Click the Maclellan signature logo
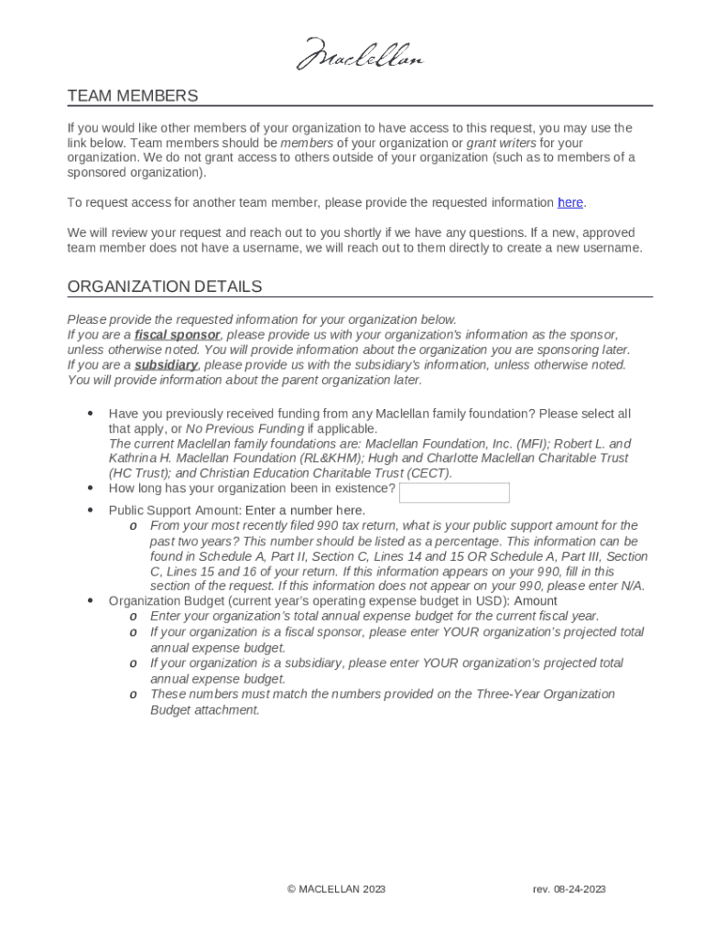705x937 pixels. (359, 55)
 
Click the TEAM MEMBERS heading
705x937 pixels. (132, 96)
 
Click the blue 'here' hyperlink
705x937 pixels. (570, 202)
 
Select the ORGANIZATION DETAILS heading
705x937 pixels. (164, 286)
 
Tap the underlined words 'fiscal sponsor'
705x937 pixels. (178, 335)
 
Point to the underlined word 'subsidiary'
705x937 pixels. (166, 365)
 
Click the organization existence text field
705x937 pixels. (454, 492)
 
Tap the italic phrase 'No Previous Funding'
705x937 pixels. (244, 429)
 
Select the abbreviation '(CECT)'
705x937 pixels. (428, 473)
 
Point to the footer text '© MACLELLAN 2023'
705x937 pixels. (336, 889)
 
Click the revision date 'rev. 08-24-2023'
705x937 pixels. (569, 889)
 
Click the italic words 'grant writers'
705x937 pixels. (501, 143)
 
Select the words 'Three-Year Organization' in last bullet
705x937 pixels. (545, 695)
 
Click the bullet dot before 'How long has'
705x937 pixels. (90, 489)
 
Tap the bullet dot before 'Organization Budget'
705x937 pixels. (90, 601)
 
